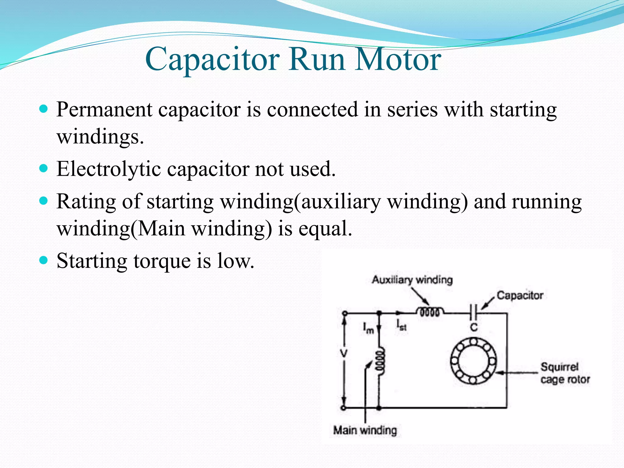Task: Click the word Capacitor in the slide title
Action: coord(212,59)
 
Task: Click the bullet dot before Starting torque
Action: coord(44,260)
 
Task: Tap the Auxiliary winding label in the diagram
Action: coord(412,280)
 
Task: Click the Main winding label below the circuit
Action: coord(365,430)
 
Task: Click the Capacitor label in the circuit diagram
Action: coord(520,295)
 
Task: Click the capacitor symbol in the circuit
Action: coord(473,312)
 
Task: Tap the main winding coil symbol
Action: coord(380,362)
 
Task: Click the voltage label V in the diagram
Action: coord(344,354)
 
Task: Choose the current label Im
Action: coord(368,328)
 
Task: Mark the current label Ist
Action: coord(401,325)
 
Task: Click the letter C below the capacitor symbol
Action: coord(474,328)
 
